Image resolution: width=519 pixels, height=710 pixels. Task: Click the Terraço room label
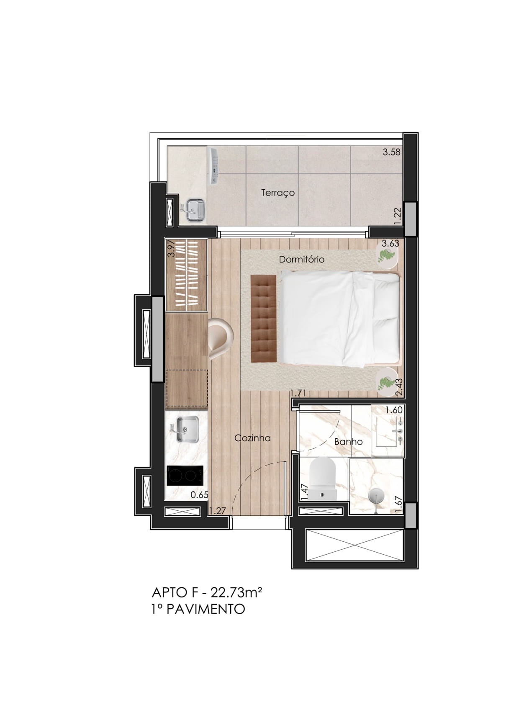click(x=277, y=193)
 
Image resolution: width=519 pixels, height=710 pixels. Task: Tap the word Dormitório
click(x=301, y=259)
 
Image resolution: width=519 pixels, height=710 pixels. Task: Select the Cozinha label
click(x=252, y=438)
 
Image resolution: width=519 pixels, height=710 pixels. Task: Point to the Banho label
click(x=348, y=442)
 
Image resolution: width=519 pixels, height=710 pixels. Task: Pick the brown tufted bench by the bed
click(x=264, y=318)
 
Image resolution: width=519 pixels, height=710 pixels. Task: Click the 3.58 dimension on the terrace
click(x=391, y=152)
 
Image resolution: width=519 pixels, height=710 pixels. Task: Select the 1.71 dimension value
click(x=298, y=394)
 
